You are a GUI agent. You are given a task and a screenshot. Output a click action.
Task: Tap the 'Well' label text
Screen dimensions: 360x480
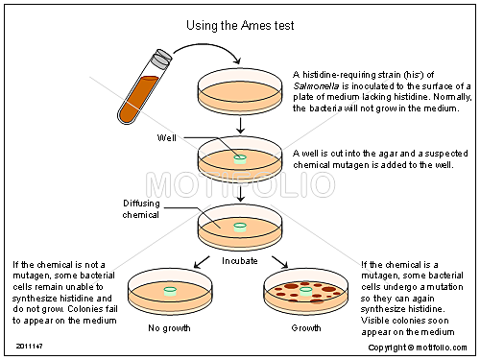(168, 137)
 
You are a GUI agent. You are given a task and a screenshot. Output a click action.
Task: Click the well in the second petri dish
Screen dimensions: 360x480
(238, 157)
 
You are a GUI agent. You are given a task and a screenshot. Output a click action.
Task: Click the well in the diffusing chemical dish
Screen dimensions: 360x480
(238, 228)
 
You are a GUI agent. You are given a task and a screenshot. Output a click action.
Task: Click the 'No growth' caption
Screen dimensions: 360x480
(170, 328)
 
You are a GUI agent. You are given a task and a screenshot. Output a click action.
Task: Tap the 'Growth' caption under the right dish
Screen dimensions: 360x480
(306, 328)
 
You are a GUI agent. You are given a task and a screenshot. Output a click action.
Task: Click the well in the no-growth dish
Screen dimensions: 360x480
(171, 289)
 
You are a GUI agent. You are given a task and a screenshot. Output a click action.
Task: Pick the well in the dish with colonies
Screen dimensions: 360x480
(305, 289)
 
